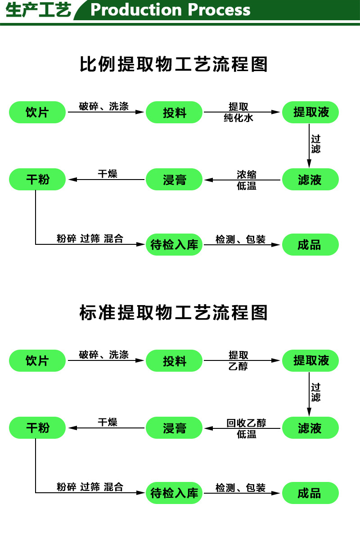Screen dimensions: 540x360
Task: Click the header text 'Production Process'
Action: click(x=170, y=9)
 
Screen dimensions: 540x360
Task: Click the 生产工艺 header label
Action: click(x=38, y=10)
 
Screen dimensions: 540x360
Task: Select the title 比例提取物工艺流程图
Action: click(x=173, y=64)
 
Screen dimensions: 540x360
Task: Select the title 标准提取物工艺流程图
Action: click(x=173, y=312)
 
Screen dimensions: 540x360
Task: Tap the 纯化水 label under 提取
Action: click(x=238, y=118)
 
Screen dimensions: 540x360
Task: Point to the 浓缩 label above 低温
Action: click(x=247, y=175)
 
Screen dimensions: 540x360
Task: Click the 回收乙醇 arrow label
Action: click(x=246, y=423)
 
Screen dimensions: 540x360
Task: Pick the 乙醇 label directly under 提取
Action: click(x=238, y=366)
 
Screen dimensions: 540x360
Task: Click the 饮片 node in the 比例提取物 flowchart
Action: click(x=37, y=112)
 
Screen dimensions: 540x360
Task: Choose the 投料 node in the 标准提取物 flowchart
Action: click(x=175, y=361)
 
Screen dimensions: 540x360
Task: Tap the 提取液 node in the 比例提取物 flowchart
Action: click(x=310, y=112)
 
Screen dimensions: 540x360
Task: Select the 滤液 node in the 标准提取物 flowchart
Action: click(x=310, y=427)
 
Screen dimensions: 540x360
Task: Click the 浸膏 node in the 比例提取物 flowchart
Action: click(x=175, y=180)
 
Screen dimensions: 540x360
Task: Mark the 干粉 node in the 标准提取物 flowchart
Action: click(x=37, y=427)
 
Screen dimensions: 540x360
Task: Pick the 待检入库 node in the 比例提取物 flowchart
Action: click(x=175, y=245)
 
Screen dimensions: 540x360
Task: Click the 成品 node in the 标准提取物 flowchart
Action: click(x=310, y=493)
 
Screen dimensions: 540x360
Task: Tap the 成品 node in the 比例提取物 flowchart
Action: click(x=310, y=245)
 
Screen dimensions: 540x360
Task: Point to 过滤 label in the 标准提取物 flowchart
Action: click(x=316, y=392)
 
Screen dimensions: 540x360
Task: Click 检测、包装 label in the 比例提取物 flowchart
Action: click(x=240, y=239)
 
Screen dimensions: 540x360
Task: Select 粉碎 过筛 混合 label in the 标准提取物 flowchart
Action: click(x=90, y=487)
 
